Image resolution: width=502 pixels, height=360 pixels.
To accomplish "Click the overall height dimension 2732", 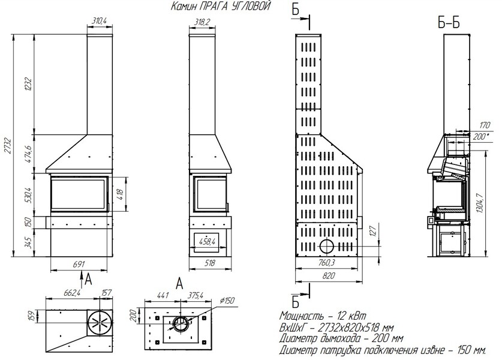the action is pos(8,146).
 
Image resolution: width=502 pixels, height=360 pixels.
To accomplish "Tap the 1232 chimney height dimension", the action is pos(29,84).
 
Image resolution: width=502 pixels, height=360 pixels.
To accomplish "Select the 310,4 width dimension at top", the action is pos(99,21).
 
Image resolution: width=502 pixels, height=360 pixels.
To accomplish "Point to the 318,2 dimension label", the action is pos(202,22).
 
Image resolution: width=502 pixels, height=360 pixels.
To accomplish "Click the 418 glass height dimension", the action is pos(120,195).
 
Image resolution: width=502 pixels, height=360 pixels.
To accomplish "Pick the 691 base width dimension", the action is pos(79,264).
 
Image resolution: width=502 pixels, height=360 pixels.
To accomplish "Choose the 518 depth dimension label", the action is pos(209,263).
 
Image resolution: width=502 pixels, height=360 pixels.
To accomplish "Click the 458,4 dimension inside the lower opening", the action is pos(207,241).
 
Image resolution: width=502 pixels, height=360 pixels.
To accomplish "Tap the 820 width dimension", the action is pos(329,275).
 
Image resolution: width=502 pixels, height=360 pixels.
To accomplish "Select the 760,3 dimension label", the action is pos(326,263).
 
